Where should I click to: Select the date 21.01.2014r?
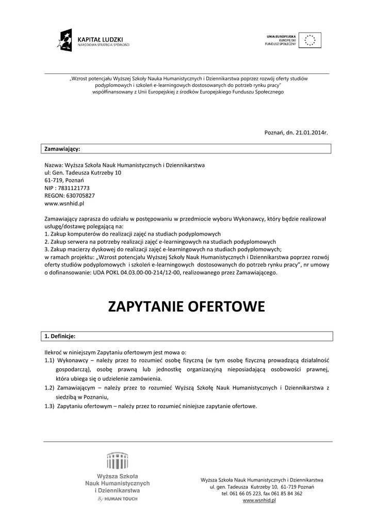click(x=310, y=133)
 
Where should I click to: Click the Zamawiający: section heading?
click(x=62, y=149)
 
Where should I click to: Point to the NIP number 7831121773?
click(x=74, y=189)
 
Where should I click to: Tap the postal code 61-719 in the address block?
click(x=53, y=181)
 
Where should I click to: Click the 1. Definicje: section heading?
click(x=60, y=336)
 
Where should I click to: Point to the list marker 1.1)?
click(x=50, y=360)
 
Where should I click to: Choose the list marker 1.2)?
click(x=50, y=387)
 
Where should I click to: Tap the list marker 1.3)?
click(x=50, y=406)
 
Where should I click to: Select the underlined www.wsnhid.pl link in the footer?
click(x=259, y=501)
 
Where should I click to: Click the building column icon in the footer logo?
click(x=117, y=460)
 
